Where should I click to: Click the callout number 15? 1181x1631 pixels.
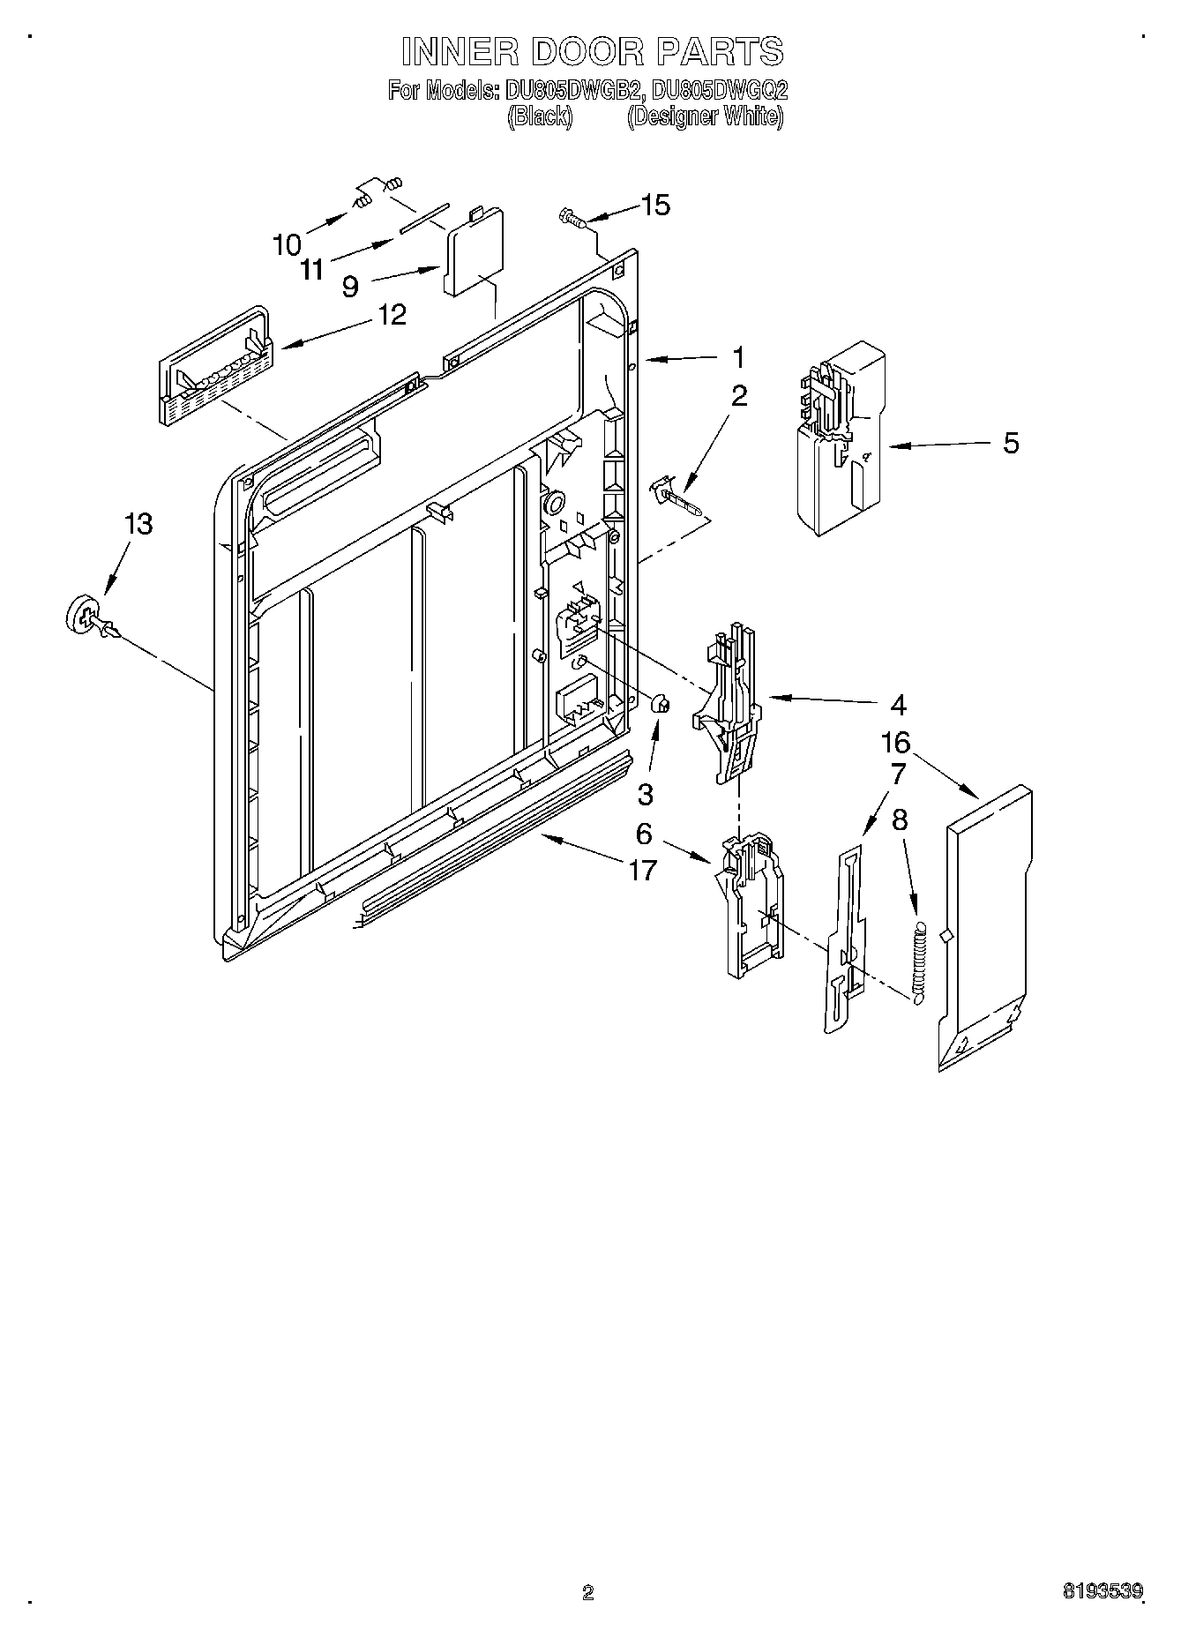click(x=655, y=205)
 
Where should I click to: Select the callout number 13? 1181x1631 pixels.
click(x=138, y=524)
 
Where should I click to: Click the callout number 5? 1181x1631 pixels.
click(x=1011, y=443)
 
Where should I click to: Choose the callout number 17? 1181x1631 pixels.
click(x=643, y=870)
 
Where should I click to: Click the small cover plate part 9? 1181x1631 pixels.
click(x=474, y=251)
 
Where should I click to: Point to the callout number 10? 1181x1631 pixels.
click(x=288, y=244)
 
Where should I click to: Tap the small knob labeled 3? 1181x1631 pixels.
click(x=660, y=704)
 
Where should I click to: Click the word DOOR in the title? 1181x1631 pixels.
click(x=593, y=52)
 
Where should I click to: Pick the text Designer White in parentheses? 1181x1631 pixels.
click(x=705, y=117)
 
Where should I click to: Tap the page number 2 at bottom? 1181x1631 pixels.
click(x=588, y=1593)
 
